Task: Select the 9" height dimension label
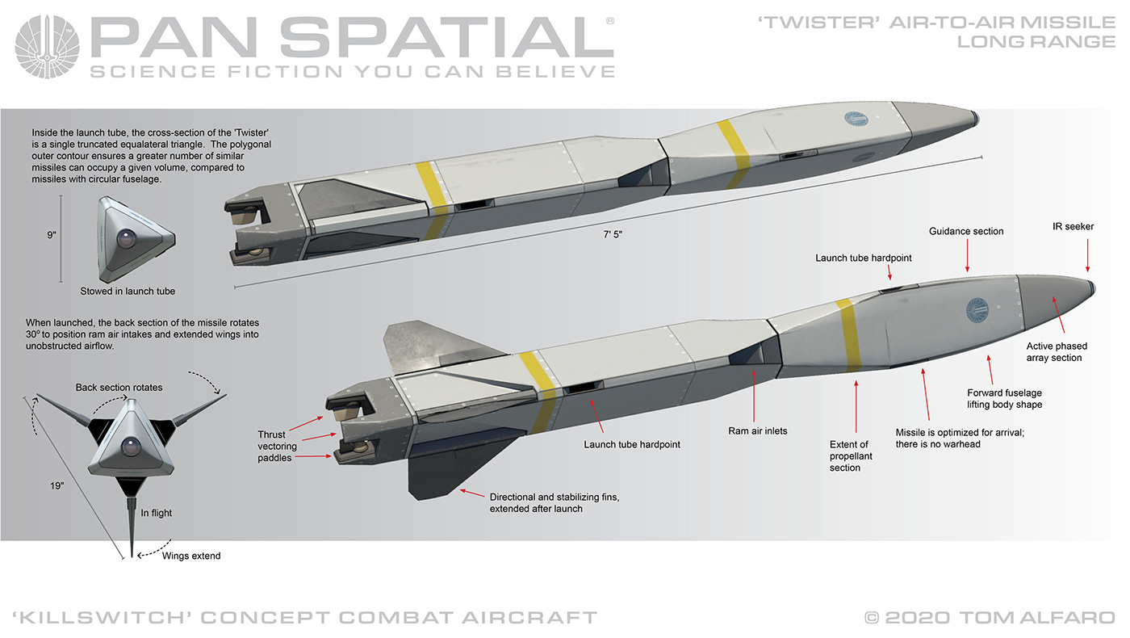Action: (x=52, y=235)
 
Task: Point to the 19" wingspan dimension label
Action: (x=56, y=487)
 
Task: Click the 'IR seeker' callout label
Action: (x=1073, y=226)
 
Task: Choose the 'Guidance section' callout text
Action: (x=966, y=231)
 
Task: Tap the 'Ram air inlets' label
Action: (x=757, y=431)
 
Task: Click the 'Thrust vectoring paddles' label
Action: (x=278, y=446)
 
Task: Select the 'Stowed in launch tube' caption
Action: (x=128, y=291)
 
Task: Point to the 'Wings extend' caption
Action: (x=190, y=556)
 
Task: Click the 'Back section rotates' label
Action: (x=119, y=388)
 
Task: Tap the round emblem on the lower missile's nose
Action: (x=978, y=309)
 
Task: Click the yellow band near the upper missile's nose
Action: (x=735, y=146)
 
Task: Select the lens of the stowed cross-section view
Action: (x=128, y=238)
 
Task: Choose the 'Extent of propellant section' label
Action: (x=851, y=456)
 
